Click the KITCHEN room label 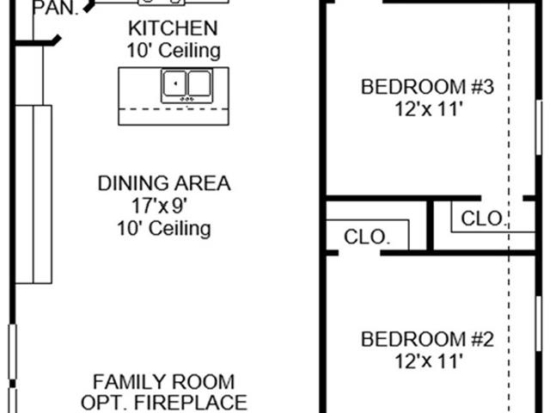(x=173, y=28)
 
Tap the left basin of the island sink (x=175, y=83)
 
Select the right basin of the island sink (x=199, y=83)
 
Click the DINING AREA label (x=164, y=183)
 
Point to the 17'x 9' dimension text (x=157, y=206)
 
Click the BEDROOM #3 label (x=428, y=87)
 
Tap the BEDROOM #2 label (x=428, y=339)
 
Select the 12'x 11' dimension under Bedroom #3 (x=427, y=109)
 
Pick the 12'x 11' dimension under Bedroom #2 (x=427, y=361)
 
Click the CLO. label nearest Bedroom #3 (x=484, y=219)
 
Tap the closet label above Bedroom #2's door (x=367, y=237)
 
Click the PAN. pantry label (x=55, y=8)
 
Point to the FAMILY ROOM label (x=164, y=382)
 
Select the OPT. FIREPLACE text (x=164, y=403)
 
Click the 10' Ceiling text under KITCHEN (x=174, y=50)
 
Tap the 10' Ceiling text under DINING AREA (x=164, y=228)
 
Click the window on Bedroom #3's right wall (x=539, y=127)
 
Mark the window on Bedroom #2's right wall (x=539, y=324)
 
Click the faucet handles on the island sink (x=187, y=100)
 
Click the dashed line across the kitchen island (x=174, y=109)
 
